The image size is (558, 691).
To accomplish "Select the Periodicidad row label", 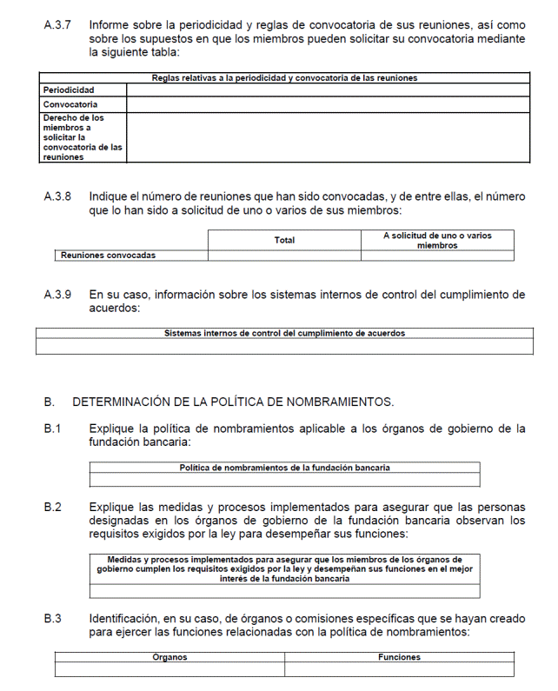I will coord(69,90).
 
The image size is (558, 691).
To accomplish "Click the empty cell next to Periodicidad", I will coord(327,90).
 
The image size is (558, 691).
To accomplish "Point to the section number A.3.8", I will coord(59,197).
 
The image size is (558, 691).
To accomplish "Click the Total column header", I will coord(284,240).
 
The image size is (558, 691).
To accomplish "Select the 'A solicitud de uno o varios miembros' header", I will coord(437,240).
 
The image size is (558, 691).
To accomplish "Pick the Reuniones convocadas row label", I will coord(108,256).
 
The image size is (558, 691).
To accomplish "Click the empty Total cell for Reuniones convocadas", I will coord(284,256).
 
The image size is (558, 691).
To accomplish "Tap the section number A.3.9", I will coord(59,295).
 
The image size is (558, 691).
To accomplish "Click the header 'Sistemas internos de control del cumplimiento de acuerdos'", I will coord(284,333).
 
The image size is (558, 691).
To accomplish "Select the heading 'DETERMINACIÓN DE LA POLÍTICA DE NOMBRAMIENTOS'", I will coord(233,402).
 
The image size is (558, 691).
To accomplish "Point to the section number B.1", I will coord(53,429).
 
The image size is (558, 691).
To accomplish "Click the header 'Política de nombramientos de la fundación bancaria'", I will coord(284,468).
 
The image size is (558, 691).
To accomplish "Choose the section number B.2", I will coord(53,507).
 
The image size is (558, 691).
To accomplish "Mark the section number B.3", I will coord(53,619).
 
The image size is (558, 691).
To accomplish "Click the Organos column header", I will coord(169,658).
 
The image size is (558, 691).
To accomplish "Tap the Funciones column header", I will coord(399,658).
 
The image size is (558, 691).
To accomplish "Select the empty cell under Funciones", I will coord(399,670).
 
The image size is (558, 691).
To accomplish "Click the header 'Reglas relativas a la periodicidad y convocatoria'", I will coord(284,77).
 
